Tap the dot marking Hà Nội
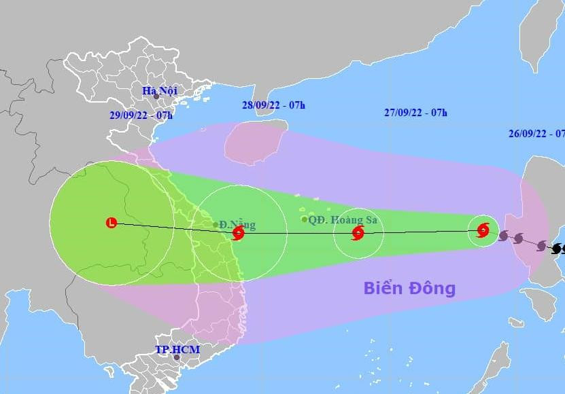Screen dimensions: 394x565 click(156, 98)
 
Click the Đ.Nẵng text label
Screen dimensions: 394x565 click(232, 223)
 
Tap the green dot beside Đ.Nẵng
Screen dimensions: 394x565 click(216, 224)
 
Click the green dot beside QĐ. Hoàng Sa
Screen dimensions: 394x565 click(304, 219)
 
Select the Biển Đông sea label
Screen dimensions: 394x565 click(409, 288)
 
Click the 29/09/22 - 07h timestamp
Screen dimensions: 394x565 click(140, 115)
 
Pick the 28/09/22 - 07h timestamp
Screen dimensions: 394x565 click(273, 105)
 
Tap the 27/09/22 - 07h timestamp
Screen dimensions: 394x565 click(415, 113)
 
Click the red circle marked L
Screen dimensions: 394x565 click(112, 222)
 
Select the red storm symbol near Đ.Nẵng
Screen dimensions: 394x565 click(238, 234)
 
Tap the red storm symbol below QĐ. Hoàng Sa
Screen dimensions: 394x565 click(358, 234)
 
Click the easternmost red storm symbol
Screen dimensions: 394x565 click(483, 230)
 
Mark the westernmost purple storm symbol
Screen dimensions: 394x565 click(503, 236)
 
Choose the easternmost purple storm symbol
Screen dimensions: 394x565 click(541, 245)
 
